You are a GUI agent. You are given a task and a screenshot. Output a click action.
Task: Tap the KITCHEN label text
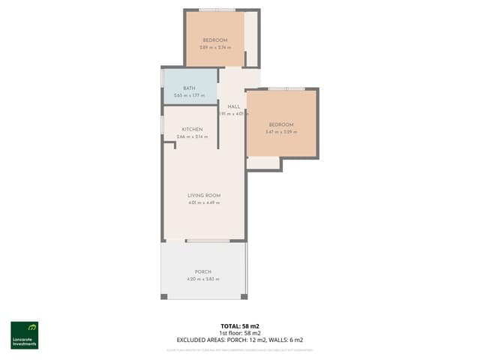point(192,130)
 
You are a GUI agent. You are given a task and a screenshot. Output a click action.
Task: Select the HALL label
point(233,107)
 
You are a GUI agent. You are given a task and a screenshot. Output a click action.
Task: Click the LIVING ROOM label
point(203,196)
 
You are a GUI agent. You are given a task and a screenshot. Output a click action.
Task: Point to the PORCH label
point(203,271)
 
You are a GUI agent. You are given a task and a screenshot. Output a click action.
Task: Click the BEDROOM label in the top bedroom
point(214,40)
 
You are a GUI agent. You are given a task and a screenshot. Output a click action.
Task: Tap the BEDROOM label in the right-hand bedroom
point(281,124)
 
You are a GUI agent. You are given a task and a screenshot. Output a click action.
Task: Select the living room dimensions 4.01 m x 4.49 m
point(203,203)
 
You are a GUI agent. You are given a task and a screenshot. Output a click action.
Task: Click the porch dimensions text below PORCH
point(203,279)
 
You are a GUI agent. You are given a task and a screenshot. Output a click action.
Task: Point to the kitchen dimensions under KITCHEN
point(192,137)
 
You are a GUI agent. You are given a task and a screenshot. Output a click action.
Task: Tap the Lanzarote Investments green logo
point(24,335)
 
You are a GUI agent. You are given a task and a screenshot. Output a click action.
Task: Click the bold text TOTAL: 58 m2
point(240,325)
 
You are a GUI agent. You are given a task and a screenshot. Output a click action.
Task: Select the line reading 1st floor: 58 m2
point(240,332)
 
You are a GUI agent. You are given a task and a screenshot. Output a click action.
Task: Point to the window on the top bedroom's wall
point(215,10)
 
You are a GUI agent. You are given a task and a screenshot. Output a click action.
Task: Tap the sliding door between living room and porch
point(208,241)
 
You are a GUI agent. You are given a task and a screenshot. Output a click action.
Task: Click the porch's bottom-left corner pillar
point(163,297)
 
